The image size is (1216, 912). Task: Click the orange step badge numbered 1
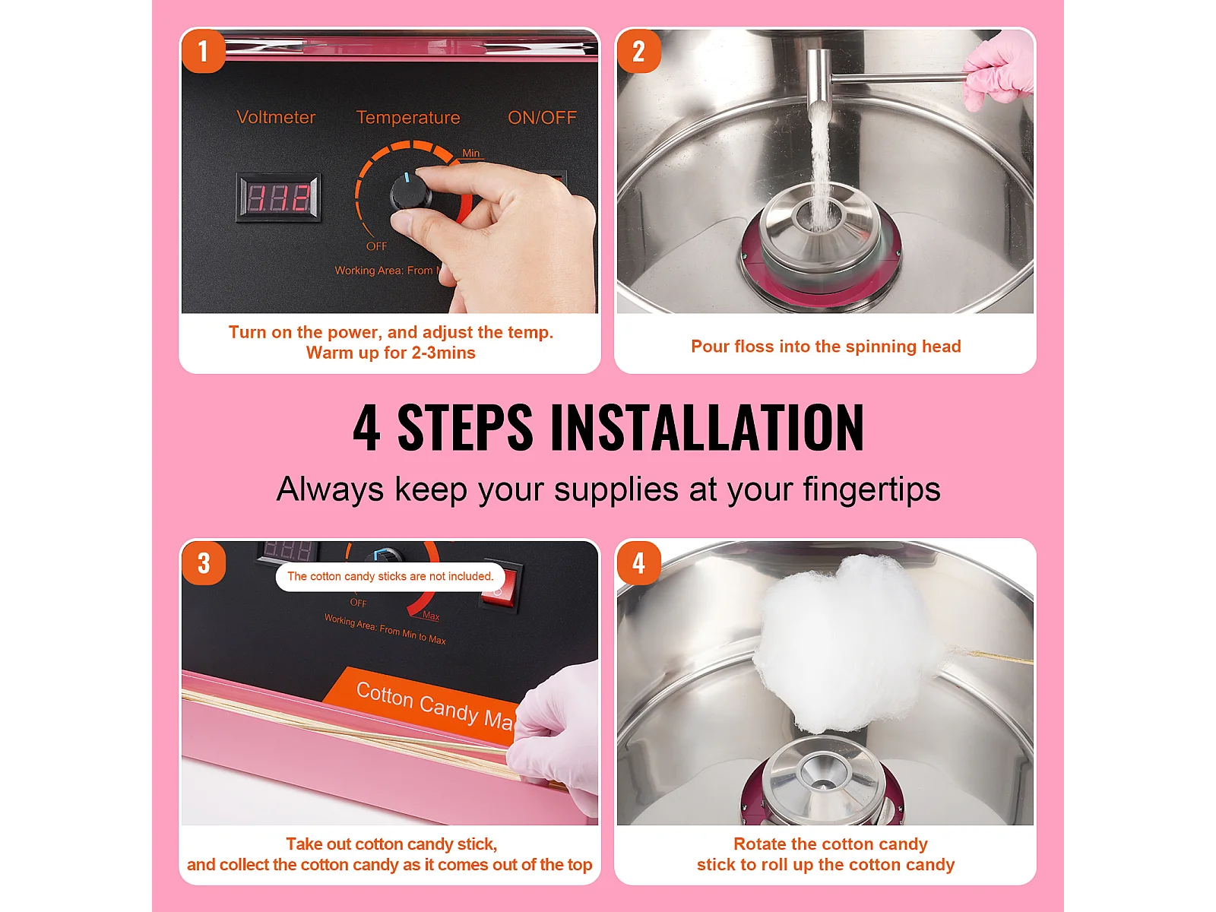pos(204,51)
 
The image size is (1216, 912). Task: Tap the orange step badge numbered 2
pos(638,51)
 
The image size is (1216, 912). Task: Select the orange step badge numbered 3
pos(204,562)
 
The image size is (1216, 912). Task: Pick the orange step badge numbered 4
pos(638,562)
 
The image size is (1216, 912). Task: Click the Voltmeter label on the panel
pos(276,117)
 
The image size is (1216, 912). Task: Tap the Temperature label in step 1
pos(407,117)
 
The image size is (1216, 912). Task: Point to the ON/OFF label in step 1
pos(542,117)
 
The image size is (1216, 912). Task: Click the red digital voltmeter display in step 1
pos(279,198)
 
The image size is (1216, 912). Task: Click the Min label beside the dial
pos(471,153)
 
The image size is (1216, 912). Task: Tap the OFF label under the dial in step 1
pos(377,245)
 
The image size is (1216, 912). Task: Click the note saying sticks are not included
pos(390,576)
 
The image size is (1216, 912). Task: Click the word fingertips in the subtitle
pos(872,489)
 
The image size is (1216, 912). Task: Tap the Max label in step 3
pos(431,616)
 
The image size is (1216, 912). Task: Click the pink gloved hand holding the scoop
pos(997,69)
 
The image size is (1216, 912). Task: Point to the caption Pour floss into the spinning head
pos(825,346)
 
